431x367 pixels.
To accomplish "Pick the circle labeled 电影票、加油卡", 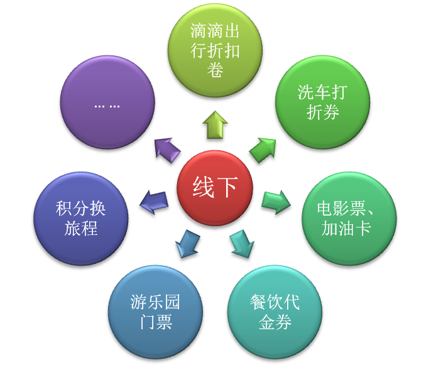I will pos(348,217).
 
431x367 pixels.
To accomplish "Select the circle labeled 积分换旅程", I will pos(82,217).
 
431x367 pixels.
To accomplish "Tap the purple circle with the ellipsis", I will pos(108,104).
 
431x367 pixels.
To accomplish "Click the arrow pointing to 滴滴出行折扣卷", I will pos(215,124).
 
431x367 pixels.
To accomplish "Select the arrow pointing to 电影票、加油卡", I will pos(276,201).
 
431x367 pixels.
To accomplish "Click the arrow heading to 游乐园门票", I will pos(187,244).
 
